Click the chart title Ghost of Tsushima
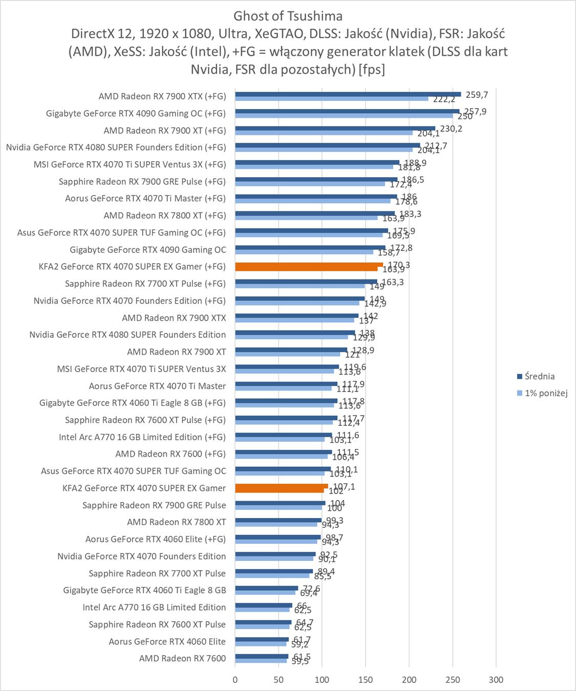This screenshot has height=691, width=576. coord(288,16)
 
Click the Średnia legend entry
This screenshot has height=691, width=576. coord(539,376)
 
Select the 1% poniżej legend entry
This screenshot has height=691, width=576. coord(546,393)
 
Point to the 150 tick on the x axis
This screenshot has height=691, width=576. coord(365,680)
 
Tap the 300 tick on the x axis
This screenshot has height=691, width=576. coord(496,680)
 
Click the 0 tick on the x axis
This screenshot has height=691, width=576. coord(235,680)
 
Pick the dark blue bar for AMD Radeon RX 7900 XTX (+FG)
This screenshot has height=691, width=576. coord(347,94)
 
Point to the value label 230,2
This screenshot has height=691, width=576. coord(451,128)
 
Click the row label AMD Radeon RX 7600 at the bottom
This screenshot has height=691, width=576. coord(182,658)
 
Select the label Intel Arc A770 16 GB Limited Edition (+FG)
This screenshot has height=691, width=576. coord(142,437)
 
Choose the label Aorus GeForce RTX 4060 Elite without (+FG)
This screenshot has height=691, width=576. coord(167,641)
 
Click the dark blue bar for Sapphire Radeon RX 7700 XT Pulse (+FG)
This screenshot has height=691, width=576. coord(306,282)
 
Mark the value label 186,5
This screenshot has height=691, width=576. coord(413,180)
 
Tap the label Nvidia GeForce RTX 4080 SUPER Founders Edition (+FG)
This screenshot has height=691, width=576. coord(116,147)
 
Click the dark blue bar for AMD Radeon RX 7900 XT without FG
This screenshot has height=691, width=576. coord(291,350)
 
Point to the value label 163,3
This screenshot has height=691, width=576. coord(393,282)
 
